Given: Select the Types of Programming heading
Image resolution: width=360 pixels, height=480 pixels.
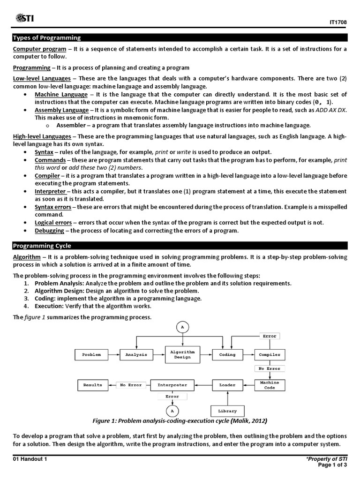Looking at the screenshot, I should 47,37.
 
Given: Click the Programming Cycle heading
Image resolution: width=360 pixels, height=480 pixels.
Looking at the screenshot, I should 42,245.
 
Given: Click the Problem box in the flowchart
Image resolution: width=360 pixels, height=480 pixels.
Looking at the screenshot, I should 91,355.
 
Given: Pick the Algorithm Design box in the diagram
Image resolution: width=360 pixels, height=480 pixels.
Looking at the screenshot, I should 182,354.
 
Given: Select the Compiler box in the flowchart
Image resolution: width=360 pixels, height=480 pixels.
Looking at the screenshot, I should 270,355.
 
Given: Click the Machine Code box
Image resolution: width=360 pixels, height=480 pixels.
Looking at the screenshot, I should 270,385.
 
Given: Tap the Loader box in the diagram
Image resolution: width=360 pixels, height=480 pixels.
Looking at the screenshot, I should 227,385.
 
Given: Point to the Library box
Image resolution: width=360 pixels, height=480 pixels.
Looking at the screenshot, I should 227,411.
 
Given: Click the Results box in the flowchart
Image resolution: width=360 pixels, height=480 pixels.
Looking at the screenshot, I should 92,385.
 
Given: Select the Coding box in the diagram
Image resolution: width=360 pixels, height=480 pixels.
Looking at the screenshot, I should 227,355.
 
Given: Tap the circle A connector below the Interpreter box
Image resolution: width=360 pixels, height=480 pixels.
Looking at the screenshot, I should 172,411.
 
